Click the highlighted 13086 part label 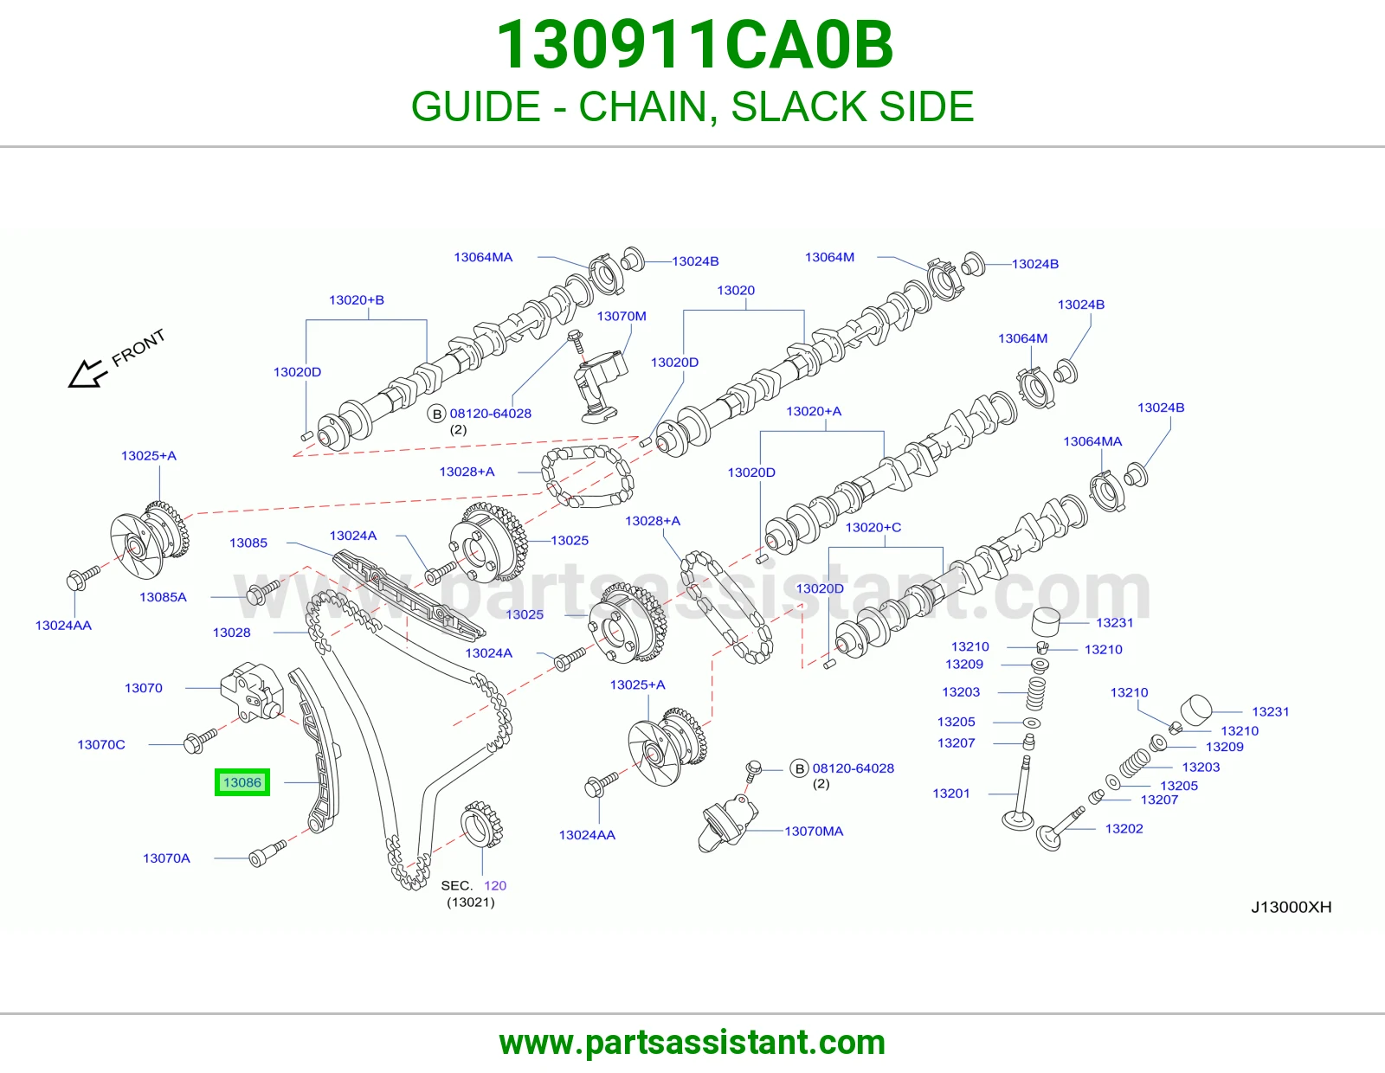click(242, 782)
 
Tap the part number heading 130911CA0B click(694, 45)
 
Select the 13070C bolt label click(101, 744)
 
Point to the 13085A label click(163, 597)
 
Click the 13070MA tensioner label click(814, 831)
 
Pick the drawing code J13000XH click(1292, 907)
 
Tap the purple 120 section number click(495, 885)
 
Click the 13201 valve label click(951, 794)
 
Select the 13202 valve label click(1124, 828)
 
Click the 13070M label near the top click(622, 316)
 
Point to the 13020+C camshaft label click(873, 527)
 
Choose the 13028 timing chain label click(232, 632)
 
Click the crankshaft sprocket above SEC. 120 click(482, 825)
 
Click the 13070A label click(166, 858)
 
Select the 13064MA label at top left click(483, 257)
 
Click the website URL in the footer click(692, 1043)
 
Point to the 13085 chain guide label click(248, 543)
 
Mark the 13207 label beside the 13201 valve click(956, 742)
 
